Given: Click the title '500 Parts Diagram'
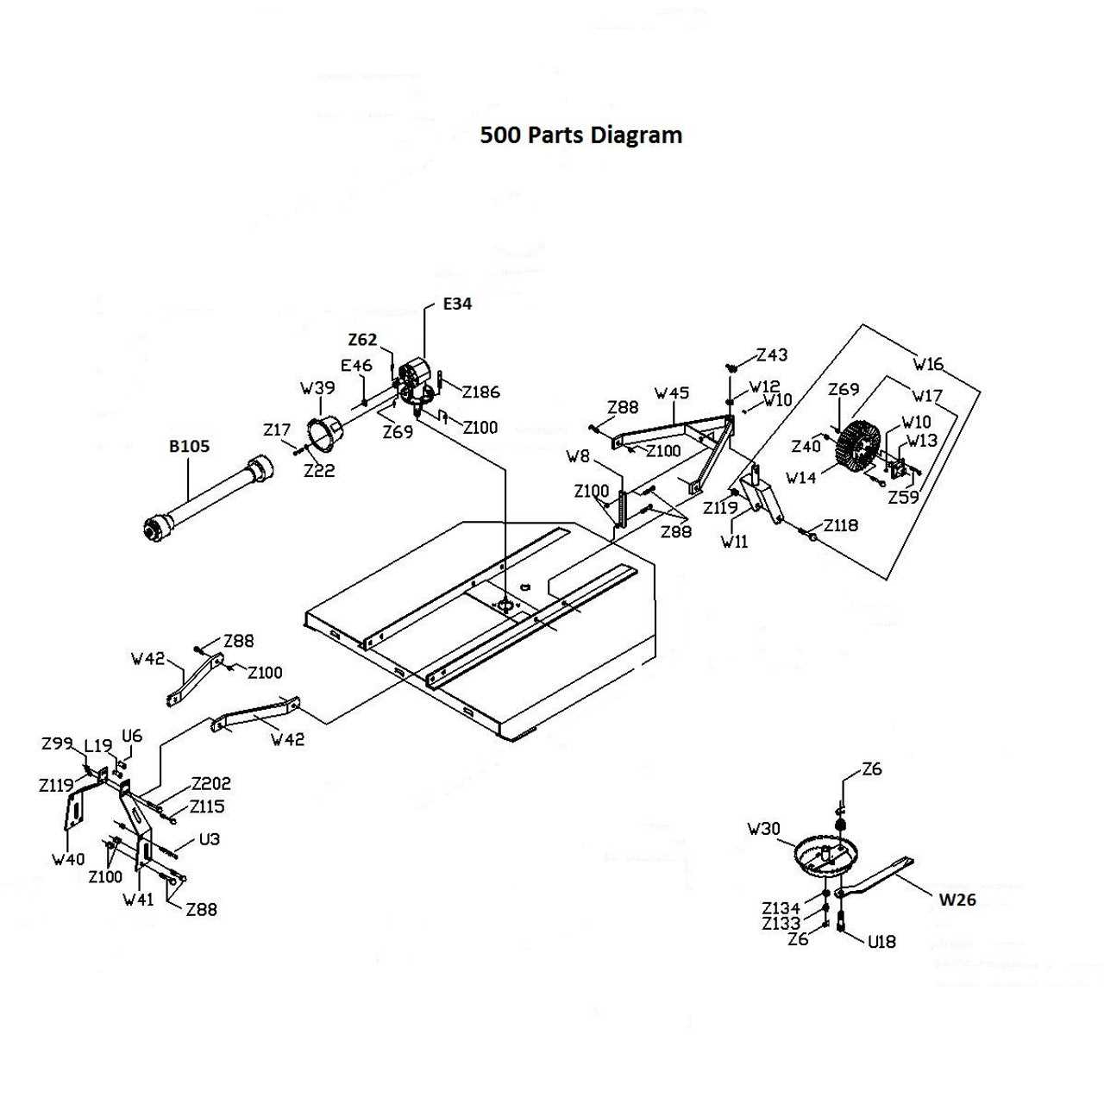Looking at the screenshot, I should point(580,135).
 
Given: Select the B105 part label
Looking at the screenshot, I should point(189,447).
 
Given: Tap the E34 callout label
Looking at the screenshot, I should point(457,304).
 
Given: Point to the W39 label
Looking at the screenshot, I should point(317,388).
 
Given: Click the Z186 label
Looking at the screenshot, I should point(480,392).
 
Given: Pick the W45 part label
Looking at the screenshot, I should point(672,393).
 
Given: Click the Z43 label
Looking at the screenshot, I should point(772,354).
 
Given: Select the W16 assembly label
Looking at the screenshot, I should point(928,364).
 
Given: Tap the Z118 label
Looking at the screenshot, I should point(840,525).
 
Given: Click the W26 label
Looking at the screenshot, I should point(957,900).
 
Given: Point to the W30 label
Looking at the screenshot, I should point(763,829).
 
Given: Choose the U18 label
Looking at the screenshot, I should point(881,942).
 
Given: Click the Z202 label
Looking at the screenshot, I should point(210,784).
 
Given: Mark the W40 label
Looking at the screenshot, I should point(68,859).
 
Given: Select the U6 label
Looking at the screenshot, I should point(132,736).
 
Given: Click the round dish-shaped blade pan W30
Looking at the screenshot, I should point(826,856).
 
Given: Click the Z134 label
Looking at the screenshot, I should point(781,908).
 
